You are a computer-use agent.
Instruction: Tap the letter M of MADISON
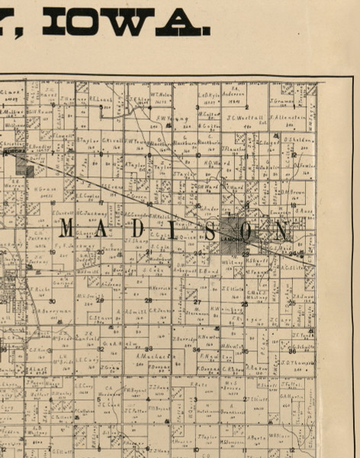pyautogui.click(x=67, y=228)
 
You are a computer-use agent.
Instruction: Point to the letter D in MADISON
pyautogui.click(x=142, y=228)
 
